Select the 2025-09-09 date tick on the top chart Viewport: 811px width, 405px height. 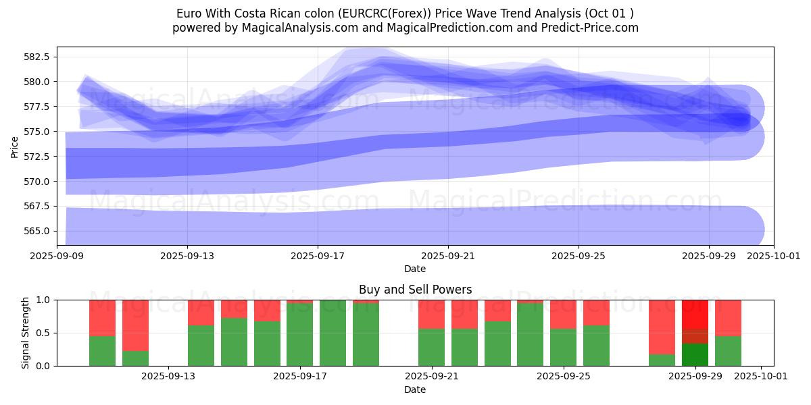tap(57, 256)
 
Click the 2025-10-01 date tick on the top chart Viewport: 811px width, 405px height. tap(773, 256)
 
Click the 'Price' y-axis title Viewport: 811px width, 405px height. tap(14, 146)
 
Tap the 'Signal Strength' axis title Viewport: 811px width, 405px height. tap(25, 333)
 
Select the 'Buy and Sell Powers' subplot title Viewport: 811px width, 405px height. tap(415, 290)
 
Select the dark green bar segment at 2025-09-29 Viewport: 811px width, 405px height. tap(695, 354)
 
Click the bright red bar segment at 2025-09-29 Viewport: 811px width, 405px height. tap(695, 314)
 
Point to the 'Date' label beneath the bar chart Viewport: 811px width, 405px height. tap(415, 389)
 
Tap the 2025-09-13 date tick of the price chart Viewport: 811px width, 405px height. tap(188, 256)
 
